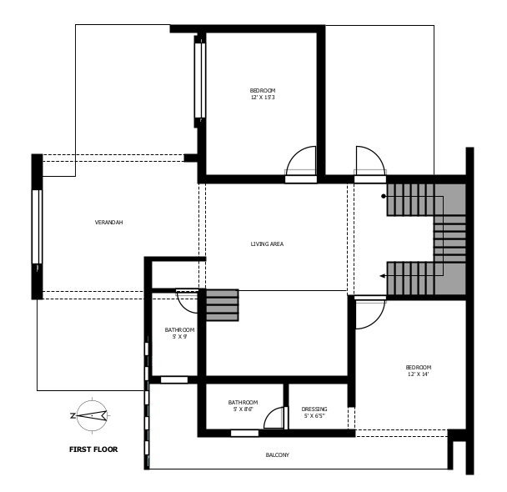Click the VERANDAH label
click(x=108, y=223)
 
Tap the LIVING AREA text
click(x=267, y=244)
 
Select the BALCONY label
click(x=278, y=455)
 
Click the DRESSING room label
click(x=314, y=409)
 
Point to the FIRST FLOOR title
click(x=93, y=449)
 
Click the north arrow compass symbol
click(x=93, y=415)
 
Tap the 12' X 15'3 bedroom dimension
click(x=263, y=98)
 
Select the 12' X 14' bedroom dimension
click(x=419, y=374)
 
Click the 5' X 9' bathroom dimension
click(x=179, y=337)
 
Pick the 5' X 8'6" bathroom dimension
click(x=243, y=409)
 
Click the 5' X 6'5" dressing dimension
click(x=314, y=416)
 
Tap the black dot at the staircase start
click(x=384, y=196)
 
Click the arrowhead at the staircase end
click(x=382, y=276)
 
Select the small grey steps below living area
click(x=222, y=305)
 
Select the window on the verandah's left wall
click(x=37, y=227)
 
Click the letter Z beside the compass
click(x=73, y=416)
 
